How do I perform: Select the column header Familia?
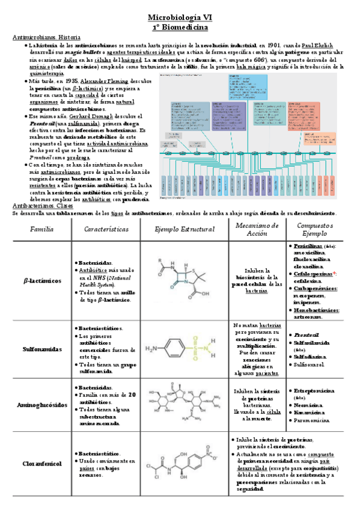41,229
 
